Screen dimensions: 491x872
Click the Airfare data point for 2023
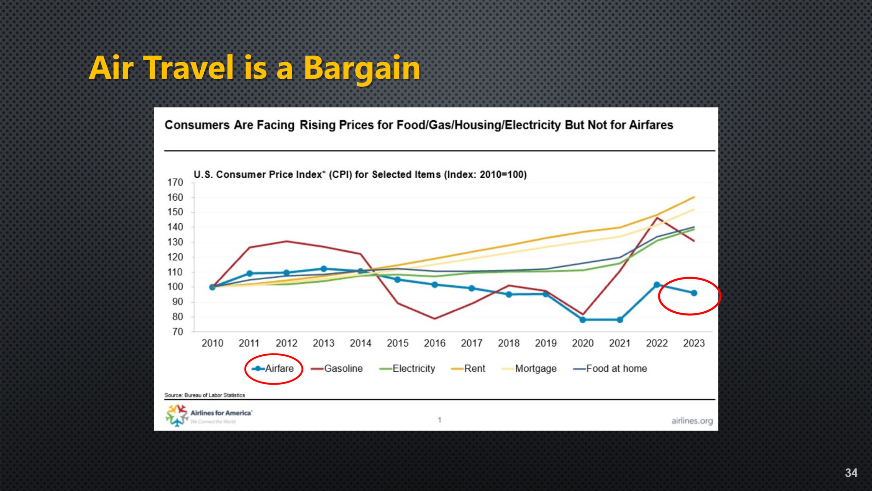tap(694, 293)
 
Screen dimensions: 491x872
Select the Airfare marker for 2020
tap(582, 320)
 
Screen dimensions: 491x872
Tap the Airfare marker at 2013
tap(324, 269)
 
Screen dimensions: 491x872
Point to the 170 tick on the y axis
tap(175, 182)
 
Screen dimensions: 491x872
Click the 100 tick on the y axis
tap(175, 287)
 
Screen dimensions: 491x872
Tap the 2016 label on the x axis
tap(435, 343)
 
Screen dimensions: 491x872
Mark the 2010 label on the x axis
tap(212, 343)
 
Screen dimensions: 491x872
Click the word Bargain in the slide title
tap(362, 68)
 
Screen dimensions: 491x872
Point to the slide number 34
tap(851, 473)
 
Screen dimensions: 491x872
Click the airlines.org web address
tap(692, 421)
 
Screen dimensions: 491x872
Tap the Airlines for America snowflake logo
tap(176, 415)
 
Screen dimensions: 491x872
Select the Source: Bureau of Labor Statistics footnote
tap(204, 395)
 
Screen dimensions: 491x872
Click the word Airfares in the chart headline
tap(651, 125)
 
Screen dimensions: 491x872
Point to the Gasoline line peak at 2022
tap(657, 218)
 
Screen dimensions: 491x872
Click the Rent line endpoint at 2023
tap(694, 197)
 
